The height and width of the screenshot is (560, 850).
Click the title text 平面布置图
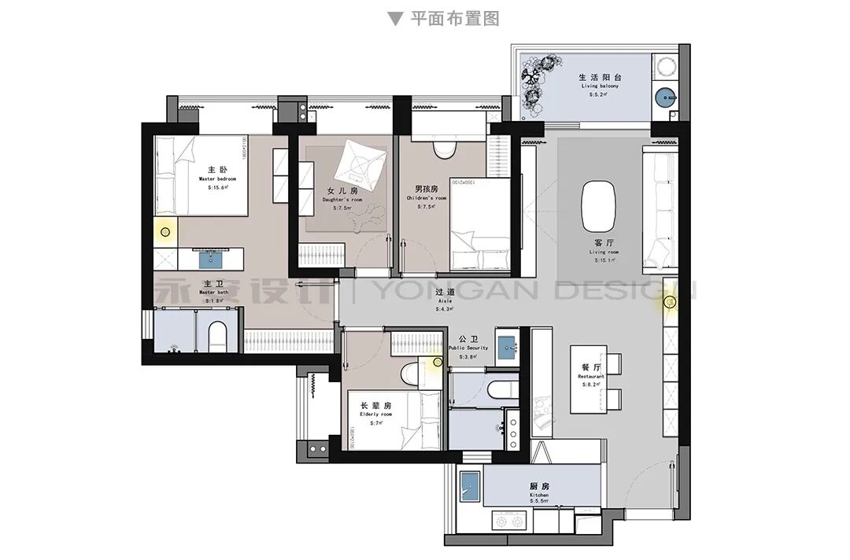coord(454,18)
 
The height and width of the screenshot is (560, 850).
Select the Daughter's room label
coord(342,196)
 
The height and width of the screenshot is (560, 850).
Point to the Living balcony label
coord(601,82)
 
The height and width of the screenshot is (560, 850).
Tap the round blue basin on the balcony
coord(666,97)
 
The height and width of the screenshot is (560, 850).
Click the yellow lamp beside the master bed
coord(165,231)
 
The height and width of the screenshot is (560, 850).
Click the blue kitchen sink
coord(470,485)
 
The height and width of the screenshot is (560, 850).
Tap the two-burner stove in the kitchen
coord(508,520)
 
